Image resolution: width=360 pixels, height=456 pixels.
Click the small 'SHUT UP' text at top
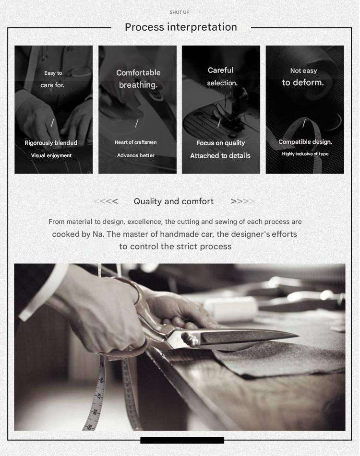coord(179,12)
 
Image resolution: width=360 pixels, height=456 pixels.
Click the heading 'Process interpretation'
coord(181,27)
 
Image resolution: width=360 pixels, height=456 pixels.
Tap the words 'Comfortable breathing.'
coord(138,79)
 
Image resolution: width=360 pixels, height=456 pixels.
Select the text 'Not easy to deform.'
coord(303,77)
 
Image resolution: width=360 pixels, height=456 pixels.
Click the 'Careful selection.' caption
coord(221,77)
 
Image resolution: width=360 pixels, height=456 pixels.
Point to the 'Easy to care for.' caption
coord(53,79)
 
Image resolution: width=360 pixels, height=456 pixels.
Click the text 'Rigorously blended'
coord(51,143)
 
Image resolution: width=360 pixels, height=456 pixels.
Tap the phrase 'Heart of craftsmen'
coord(136,142)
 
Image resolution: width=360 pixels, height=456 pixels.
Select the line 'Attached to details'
coord(220,156)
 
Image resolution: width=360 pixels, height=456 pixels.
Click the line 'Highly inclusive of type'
coord(305,154)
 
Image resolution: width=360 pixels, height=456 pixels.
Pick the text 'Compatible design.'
coord(305,142)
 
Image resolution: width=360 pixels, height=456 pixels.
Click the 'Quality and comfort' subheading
coord(173,201)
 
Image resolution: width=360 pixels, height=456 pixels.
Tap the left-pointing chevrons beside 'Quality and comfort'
coord(106,201)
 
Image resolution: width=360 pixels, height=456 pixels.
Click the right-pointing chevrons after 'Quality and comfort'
coord(242,201)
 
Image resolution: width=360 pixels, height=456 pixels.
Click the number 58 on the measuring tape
coord(95,412)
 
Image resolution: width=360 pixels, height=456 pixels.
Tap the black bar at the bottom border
coord(182,440)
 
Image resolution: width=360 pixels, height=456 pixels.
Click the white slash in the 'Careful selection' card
coord(219,123)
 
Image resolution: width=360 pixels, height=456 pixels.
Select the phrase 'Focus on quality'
coord(221,143)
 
